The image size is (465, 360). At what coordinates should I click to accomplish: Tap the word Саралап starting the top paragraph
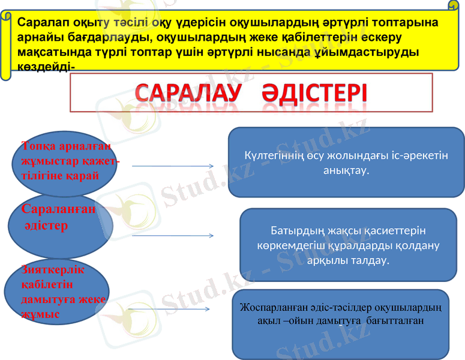point(39,23)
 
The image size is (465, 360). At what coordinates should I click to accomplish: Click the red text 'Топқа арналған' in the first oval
point(66,146)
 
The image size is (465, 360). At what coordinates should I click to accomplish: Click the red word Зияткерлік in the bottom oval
point(53,270)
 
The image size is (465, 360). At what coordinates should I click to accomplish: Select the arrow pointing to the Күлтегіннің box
point(173,166)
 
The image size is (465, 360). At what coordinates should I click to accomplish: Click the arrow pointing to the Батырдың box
point(173,236)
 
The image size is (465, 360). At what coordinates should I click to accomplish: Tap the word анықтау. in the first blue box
point(346,170)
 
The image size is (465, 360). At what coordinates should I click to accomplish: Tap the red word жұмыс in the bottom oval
point(40,313)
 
